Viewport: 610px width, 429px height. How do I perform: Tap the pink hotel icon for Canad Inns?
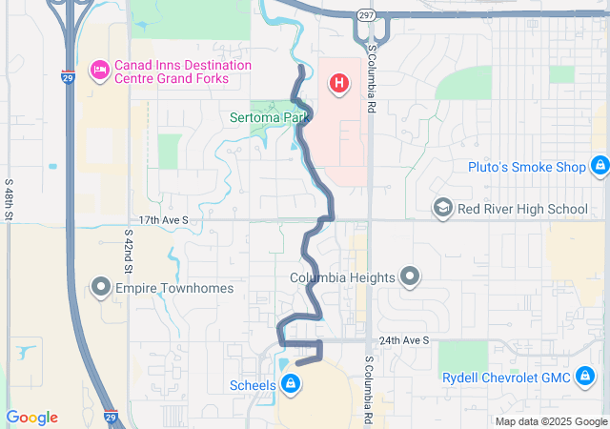pos(99,69)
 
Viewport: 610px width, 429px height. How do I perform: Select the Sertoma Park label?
pos(271,118)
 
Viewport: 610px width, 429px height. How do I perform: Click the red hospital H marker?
pos(338,84)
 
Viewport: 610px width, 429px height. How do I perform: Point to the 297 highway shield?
pos(367,15)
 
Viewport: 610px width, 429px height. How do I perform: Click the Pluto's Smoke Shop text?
pos(526,167)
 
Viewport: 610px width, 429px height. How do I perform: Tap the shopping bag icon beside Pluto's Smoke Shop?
pos(600,167)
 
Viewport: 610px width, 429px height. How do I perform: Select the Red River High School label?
pos(522,209)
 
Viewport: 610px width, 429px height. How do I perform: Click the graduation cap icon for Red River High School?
pos(442,208)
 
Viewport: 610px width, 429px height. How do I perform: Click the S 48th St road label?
pos(9,198)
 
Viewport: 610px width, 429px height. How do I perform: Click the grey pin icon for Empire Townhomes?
pos(100,287)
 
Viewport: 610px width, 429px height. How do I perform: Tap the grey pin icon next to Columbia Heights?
pos(410,277)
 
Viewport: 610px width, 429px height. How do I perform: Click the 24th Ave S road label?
pos(404,340)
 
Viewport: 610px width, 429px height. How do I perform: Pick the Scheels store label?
pos(253,386)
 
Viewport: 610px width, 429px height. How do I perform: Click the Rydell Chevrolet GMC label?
pos(506,378)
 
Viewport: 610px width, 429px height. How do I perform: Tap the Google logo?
pos(31,418)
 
